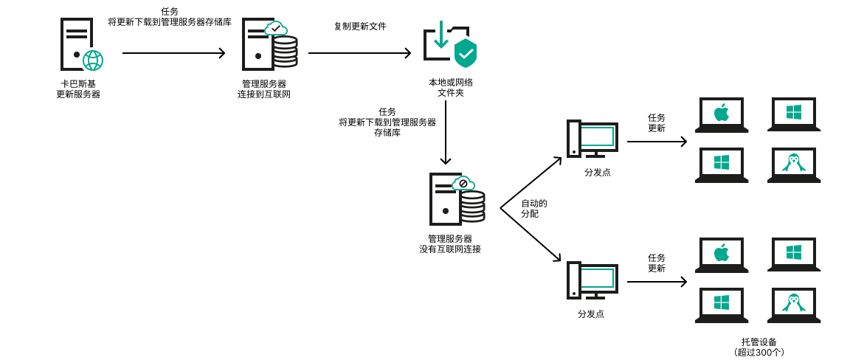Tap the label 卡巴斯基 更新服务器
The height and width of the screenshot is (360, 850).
[78, 89]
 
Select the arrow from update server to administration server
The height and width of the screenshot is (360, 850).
[173, 53]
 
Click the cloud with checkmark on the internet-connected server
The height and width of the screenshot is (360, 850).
[275, 28]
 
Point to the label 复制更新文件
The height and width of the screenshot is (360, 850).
[360, 27]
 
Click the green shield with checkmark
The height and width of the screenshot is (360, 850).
[465, 53]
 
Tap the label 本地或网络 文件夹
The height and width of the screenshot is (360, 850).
[450, 88]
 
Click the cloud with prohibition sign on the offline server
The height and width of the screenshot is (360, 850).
[463, 183]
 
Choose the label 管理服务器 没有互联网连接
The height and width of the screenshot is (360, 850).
[450, 244]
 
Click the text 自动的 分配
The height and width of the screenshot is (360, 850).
[534, 208]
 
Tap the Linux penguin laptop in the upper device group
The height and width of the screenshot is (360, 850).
[794, 165]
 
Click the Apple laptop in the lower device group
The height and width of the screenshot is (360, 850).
[721, 255]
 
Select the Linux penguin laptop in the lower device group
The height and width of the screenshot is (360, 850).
[794, 305]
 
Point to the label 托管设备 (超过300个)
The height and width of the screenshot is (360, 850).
[759, 347]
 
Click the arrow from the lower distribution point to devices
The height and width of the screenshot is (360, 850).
[657, 282]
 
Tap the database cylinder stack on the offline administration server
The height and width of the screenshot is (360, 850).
[472, 207]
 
